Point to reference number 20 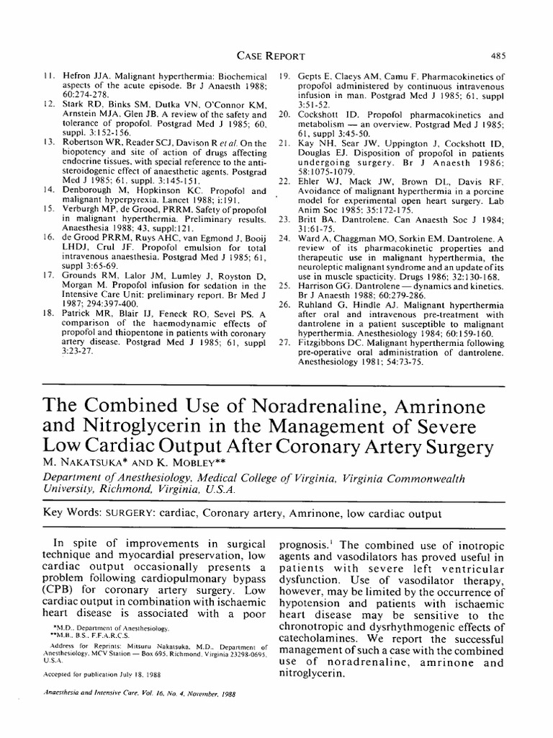(x=284, y=115)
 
